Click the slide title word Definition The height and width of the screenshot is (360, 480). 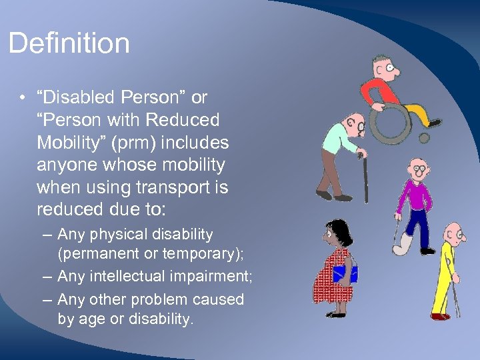point(69,43)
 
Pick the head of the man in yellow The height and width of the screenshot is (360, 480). point(455,233)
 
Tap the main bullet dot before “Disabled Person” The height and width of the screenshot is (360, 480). point(23,98)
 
